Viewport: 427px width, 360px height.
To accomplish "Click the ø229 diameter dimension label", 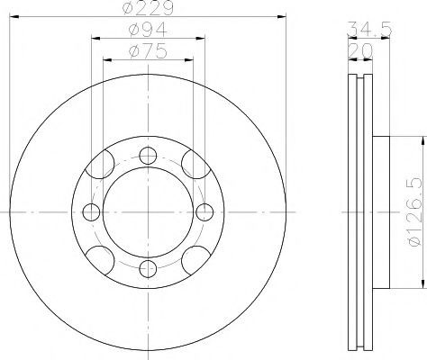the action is tap(148, 8).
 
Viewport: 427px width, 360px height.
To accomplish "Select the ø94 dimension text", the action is tap(148, 30).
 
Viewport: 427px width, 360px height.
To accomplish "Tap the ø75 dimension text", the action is tap(148, 51).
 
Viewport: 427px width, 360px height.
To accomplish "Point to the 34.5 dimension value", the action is tap(369, 29).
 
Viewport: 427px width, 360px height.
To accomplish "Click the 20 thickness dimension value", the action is tap(360, 51).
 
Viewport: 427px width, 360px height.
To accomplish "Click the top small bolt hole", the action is tap(148, 156).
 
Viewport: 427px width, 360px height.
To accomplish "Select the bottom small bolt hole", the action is tap(148, 268).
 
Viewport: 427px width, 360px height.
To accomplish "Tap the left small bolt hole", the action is tap(91, 212).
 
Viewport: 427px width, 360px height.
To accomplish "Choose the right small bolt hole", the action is tap(204, 212).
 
